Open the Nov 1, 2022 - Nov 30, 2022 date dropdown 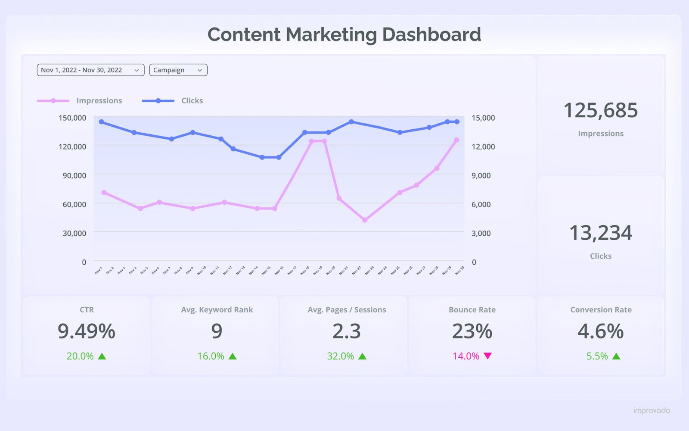[x=90, y=70]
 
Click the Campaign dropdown [x=178, y=70]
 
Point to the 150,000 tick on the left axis [x=72, y=118]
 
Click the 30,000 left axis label [x=74, y=233]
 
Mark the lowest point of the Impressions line [x=365, y=220]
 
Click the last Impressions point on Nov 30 [x=456, y=140]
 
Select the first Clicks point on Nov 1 [x=102, y=122]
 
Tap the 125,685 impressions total [x=600, y=110]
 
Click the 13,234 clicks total [x=600, y=233]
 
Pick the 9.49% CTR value [x=87, y=331]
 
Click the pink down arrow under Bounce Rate [x=487, y=356]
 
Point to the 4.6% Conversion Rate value [x=600, y=331]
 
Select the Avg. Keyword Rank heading [x=217, y=310]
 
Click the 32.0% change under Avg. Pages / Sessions [x=340, y=356]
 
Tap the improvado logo [x=652, y=410]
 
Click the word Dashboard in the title [x=431, y=35]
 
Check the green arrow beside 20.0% [x=102, y=356]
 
